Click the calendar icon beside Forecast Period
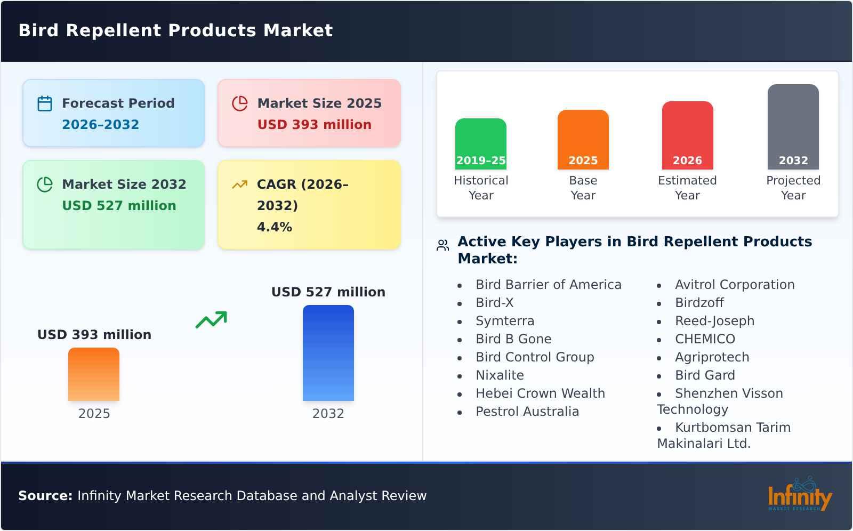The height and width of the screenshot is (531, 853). coord(45,103)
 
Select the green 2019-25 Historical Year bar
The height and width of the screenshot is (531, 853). coord(480,144)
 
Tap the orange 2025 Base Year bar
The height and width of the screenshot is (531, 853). coord(583,140)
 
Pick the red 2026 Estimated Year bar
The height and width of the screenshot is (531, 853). coord(687,135)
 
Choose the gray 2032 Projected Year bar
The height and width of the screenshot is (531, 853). coord(793,127)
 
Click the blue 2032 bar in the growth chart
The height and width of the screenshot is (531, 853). coord(328,353)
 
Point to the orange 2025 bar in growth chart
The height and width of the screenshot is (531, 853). coord(94,374)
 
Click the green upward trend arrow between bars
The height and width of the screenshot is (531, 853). coord(211,320)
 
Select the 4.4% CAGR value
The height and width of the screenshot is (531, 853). coord(274,227)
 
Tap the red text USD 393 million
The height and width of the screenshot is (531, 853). coord(314,125)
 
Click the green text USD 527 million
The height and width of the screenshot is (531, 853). coord(119,206)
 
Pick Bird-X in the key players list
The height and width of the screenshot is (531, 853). coord(494,303)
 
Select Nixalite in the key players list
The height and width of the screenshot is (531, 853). coord(500,375)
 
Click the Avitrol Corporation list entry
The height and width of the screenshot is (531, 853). coord(734,285)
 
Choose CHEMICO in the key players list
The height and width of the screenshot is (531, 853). coord(705,339)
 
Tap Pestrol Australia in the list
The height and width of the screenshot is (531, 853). coord(527,412)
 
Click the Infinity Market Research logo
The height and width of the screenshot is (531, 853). coord(799,495)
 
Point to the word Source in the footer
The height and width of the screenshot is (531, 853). coord(45,496)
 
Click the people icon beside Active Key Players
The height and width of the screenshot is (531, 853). coord(442,245)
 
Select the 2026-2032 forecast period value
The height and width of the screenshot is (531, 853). coord(100,125)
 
